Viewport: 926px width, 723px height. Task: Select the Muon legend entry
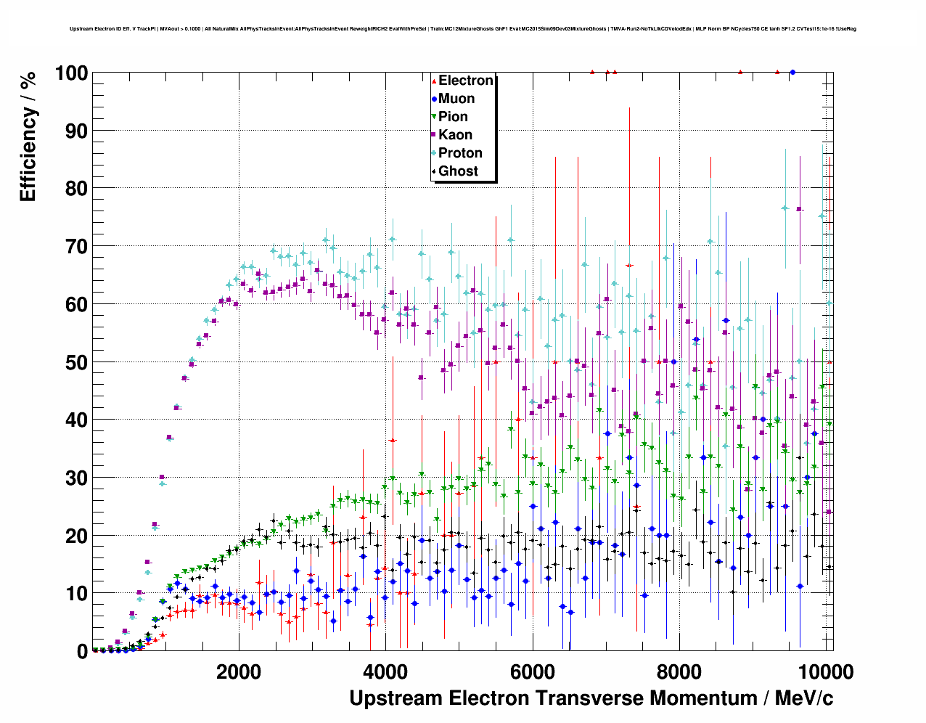tap(456, 99)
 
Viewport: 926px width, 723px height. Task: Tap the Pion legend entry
tap(453, 117)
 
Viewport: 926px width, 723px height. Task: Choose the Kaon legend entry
tap(455, 135)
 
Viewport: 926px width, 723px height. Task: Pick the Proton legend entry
tap(460, 153)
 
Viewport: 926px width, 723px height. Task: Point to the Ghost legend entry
tap(458, 171)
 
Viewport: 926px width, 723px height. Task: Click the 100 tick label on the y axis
tap(70, 73)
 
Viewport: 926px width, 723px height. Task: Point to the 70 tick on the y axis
tap(75, 247)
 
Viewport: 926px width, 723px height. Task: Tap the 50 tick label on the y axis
tap(75, 362)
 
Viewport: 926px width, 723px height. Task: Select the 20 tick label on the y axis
tap(75, 536)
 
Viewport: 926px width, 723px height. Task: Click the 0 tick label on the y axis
tap(82, 652)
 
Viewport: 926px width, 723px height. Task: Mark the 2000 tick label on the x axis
tap(239, 671)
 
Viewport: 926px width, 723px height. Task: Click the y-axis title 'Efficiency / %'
tap(28, 136)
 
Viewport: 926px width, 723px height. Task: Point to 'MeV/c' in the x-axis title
tap(804, 698)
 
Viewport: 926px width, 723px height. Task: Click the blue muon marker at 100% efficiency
tap(792, 73)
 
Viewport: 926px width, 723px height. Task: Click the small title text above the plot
tap(463, 29)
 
